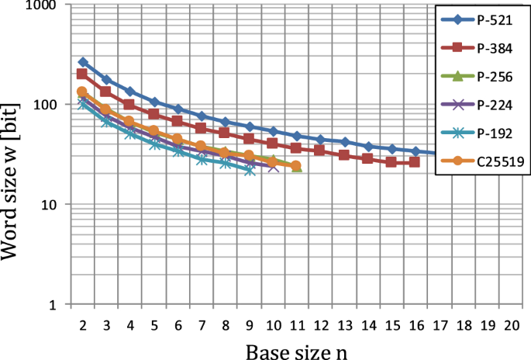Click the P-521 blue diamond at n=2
tap(82, 62)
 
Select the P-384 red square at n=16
tap(415, 162)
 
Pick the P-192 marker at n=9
tap(249, 170)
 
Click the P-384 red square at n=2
tap(82, 74)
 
